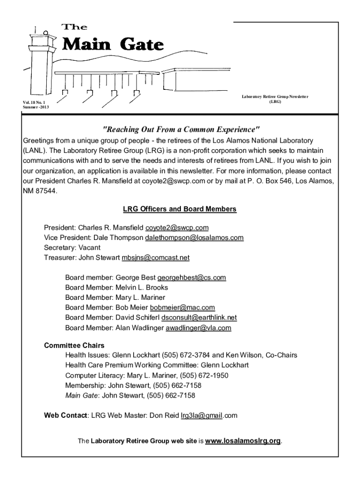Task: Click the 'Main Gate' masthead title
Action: (x=113, y=45)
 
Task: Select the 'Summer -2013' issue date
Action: (x=36, y=107)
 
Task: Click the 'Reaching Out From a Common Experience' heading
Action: (x=180, y=129)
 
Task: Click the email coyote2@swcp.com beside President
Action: (x=177, y=228)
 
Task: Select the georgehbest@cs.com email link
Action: (x=192, y=277)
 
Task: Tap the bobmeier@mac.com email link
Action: (x=182, y=307)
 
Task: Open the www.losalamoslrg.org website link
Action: (x=243, y=441)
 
